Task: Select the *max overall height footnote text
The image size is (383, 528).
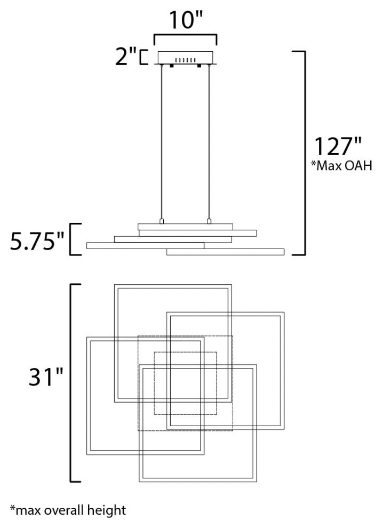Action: [x=68, y=510]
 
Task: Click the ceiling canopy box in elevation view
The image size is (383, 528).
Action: [x=185, y=57]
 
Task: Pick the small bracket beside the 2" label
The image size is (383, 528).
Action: [x=142, y=57]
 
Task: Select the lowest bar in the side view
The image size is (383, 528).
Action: [x=225, y=252]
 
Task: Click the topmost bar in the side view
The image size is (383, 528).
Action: [x=186, y=226]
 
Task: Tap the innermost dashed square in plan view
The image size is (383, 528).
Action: [x=185, y=383]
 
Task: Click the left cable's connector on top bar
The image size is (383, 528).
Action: [x=162, y=220]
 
